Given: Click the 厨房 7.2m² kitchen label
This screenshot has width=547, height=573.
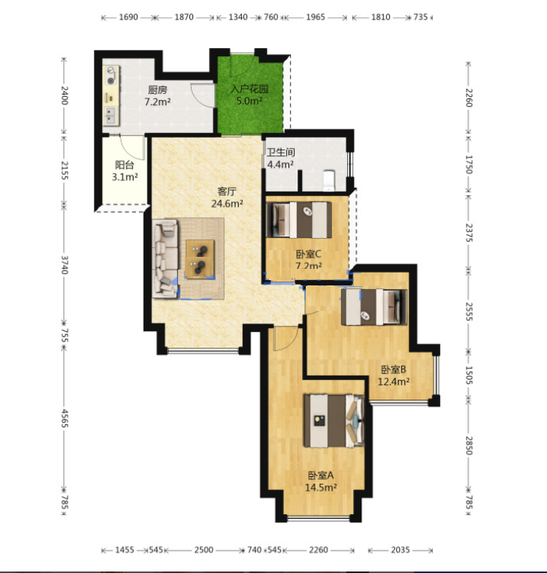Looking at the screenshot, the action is (158, 95).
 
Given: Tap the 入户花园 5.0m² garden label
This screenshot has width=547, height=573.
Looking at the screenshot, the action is (249, 95).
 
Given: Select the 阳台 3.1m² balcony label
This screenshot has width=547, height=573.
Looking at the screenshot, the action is (125, 171).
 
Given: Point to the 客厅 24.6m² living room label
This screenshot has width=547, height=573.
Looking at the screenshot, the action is (227, 198).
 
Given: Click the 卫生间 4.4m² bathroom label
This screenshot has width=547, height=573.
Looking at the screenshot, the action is (280, 158).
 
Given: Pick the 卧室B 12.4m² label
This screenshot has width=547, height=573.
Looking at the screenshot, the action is (394, 375).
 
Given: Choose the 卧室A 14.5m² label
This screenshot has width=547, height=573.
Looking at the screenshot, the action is (321, 481).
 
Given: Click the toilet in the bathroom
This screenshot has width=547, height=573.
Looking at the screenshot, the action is (328, 180).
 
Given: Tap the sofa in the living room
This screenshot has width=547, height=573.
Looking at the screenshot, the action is (165, 259).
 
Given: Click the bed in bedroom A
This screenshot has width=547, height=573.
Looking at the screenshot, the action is (334, 421).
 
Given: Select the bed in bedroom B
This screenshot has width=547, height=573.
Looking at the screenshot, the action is (373, 307).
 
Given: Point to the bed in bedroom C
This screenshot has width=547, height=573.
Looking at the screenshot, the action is (299, 220).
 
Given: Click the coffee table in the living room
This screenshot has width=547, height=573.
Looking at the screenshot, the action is (199, 259).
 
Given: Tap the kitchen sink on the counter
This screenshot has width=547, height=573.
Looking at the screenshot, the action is (110, 116).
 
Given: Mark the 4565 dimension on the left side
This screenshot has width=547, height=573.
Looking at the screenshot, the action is (65, 418).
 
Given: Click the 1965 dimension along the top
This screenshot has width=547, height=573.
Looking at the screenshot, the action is (315, 17).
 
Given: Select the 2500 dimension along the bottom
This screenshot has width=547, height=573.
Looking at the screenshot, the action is (204, 550).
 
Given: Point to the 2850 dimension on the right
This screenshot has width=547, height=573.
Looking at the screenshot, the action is (468, 445).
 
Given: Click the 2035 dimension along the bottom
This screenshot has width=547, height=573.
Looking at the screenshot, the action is (400, 550).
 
